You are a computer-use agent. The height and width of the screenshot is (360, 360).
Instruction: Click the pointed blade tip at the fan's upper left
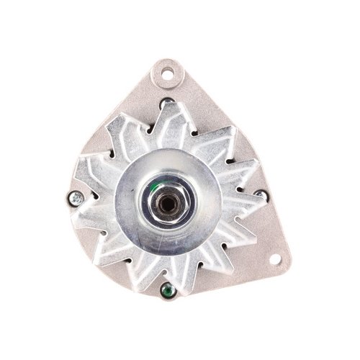[108, 130]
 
